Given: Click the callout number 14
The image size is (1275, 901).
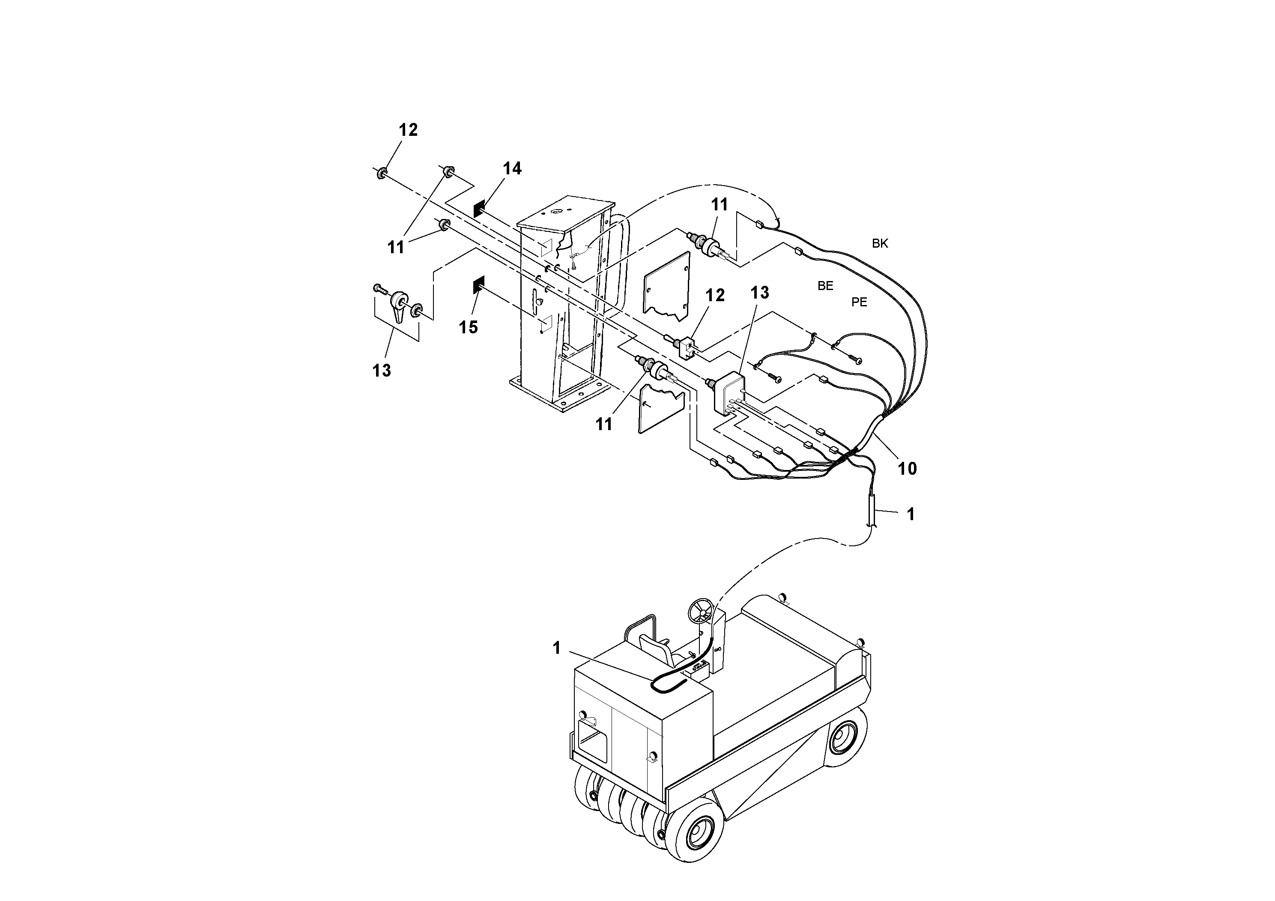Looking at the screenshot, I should pyautogui.click(x=512, y=168).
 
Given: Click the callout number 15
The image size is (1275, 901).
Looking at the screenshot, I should pyautogui.click(x=468, y=327).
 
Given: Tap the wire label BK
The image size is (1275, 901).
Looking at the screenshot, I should pyautogui.click(x=880, y=243).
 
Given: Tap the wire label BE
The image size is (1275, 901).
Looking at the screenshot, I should pyautogui.click(x=825, y=286).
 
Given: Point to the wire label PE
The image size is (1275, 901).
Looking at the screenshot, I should pyautogui.click(x=859, y=302).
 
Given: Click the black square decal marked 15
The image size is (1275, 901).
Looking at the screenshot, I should pyautogui.click(x=478, y=285).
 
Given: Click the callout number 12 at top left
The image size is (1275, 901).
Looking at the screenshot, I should pyautogui.click(x=408, y=130).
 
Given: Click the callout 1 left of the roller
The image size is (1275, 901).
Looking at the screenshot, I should pyautogui.click(x=556, y=648).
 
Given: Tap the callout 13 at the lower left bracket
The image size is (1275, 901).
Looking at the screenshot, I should pyautogui.click(x=382, y=371).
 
